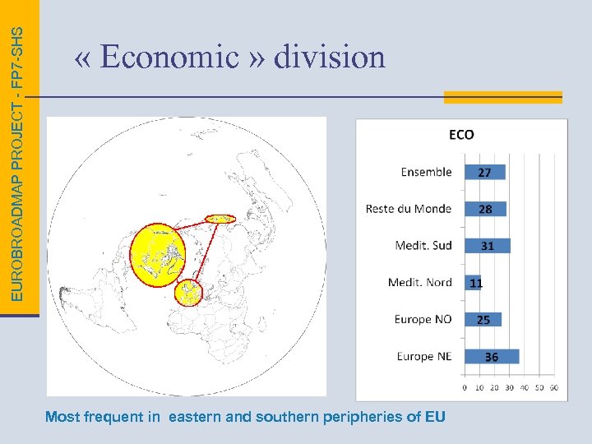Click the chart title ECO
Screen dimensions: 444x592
pyautogui.click(x=461, y=135)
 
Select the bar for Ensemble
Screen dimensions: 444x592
pyautogui.click(x=484, y=172)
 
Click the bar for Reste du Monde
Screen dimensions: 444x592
pyautogui.click(x=485, y=209)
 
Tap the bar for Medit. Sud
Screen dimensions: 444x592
pyautogui.click(x=487, y=245)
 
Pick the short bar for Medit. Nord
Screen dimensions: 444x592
pyautogui.click(x=472, y=282)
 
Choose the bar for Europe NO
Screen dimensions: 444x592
pyautogui.click(x=483, y=319)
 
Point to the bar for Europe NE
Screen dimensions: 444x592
pyautogui.click(x=491, y=356)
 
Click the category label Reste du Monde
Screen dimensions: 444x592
pyautogui.click(x=409, y=209)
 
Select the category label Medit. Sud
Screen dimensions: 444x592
pyautogui.click(x=423, y=245)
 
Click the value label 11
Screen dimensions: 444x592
pyautogui.click(x=476, y=283)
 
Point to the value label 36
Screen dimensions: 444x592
pyautogui.click(x=491, y=357)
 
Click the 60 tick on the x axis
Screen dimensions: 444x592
pyautogui.click(x=553, y=386)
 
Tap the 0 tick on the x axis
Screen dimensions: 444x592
pyautogui.click(x=465, y=386)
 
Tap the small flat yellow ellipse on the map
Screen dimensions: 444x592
pyautogui.click(x=220, y=219)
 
